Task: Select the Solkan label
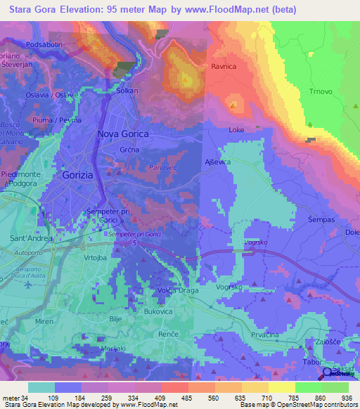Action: pos(127,91)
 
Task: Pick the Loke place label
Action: pos(236,130)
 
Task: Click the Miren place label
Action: pos(44,321)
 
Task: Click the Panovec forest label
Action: pos(162,168)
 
